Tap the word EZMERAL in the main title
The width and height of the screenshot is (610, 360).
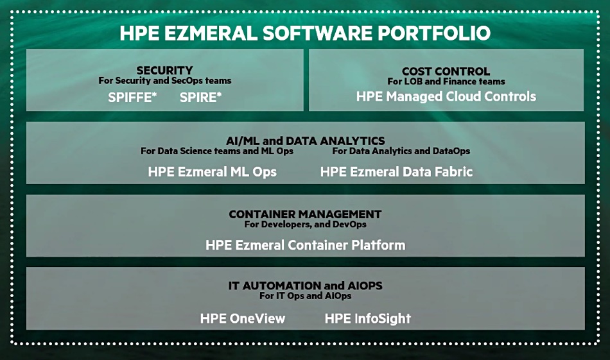coord(210,33)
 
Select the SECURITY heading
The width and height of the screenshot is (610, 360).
coord(164,71)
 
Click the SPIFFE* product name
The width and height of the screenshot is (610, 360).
coord(132,97)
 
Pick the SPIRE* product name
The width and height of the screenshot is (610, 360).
coord(200,97)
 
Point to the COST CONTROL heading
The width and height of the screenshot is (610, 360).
coord(446,71)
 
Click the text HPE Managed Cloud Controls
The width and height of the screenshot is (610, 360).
coord(446,96)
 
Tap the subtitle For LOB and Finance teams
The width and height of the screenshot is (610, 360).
coord(446,81)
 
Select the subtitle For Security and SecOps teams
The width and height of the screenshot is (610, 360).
coord(164,80)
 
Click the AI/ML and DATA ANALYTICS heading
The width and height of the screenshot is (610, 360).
coord(306,141)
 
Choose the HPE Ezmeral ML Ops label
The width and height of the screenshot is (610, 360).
coord(212,172)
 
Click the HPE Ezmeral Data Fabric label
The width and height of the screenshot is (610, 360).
coord(396,172)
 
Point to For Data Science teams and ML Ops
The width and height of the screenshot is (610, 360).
coord(216,151)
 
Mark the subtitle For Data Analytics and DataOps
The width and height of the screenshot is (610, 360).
coord(401,151)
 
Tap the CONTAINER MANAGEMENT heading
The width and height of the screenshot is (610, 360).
coord(305,214)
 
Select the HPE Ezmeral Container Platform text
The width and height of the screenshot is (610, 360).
coord(306,245)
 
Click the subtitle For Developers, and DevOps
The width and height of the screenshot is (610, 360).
coord(306,225)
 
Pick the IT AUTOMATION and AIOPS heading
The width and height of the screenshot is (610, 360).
coord(306,286)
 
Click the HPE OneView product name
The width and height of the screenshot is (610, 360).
coord(242,318)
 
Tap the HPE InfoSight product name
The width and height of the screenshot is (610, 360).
coord(368,318)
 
